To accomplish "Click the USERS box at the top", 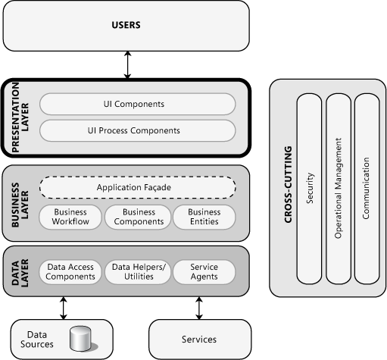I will (x=126, y=26).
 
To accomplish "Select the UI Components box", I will (x=137, y=104).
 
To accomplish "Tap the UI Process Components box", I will (x=137, y=130).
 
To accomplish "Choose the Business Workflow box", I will (x=70, y=218).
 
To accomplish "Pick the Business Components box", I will (x=138, y=218).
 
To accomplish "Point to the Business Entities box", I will (x=204, y=218).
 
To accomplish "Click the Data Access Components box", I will (x=70, y=272).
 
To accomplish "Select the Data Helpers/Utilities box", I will (x=138, y=272).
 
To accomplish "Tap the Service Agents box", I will (x=204, y=272).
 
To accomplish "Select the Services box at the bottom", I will (x=198, y=340).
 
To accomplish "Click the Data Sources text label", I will (x=40, y=340).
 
